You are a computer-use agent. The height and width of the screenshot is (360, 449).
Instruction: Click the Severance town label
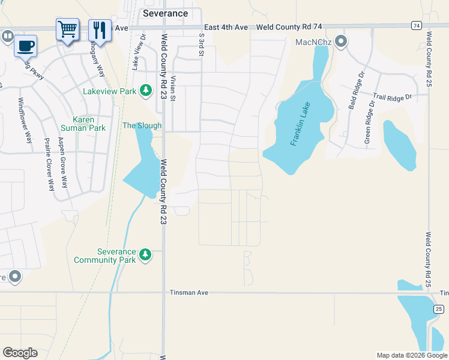click(x=165, y=13)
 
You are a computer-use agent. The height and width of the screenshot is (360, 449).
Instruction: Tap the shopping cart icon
click(x=67, y=28)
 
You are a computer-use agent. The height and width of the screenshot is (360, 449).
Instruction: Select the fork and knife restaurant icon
click(x=100, y=29)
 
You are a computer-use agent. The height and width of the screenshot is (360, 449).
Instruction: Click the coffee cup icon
click(x=26, y=46)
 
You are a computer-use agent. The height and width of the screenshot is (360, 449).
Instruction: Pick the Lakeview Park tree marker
click(x=145, y=91)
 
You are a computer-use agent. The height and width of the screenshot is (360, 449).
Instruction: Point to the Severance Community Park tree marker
click(x=145, y=255)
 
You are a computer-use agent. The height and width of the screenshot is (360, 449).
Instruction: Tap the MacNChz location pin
click(x=342, y=42)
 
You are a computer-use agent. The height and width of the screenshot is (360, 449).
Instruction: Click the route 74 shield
click(x=416, y=25)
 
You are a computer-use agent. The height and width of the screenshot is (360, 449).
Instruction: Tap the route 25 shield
click(x=439, y=308)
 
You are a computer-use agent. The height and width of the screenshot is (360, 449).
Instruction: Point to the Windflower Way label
click(x=28, y=120)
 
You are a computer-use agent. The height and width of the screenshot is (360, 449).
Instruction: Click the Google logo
click(x=20, y=353)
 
